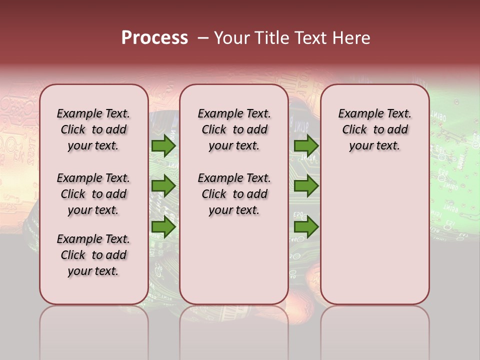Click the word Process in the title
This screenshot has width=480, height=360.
click(x=154, y=38)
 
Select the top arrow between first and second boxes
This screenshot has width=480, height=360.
click(x=163, y=145)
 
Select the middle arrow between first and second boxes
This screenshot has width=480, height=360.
click(x=163, y=186)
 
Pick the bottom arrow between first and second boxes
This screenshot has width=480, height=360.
click(x=163, y=227)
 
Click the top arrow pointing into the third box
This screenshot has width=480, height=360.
click(x=306, y=145)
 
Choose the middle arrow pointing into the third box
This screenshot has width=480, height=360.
click(x=306, y=186)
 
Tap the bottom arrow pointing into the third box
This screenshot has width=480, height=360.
click(x=306, y=227)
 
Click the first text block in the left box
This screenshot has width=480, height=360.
click(x=93, y=129)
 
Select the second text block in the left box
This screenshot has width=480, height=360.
click(x=93, y=194)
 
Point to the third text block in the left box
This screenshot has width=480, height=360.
click(x=93, y=255)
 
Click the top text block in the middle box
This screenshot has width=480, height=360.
click(x=234, y=129)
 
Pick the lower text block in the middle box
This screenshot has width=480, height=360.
click(x=234, y=194)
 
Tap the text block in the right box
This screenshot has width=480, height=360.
click(x=374, y=129)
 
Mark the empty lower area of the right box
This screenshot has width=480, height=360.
click(x=374, y=230)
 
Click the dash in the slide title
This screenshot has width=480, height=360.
click(x=202, y=38)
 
